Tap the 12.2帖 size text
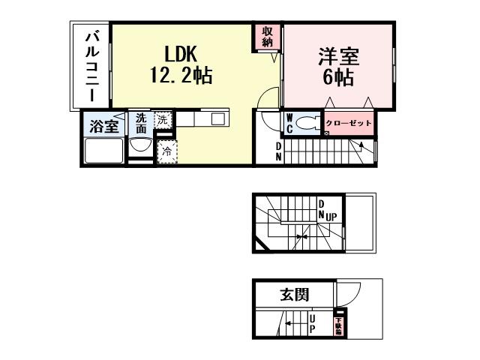(181, 75)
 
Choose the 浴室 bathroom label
(103, 125)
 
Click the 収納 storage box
(268, 36)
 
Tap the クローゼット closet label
(348, 122)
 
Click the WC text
(290, 122)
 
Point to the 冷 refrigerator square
(166, 151)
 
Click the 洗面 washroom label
(141, 123)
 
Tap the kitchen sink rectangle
(217, 118)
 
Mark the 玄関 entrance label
(295, 294)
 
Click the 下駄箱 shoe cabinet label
(338, 324)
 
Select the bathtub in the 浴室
(103, 151)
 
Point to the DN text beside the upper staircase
(279, 151)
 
